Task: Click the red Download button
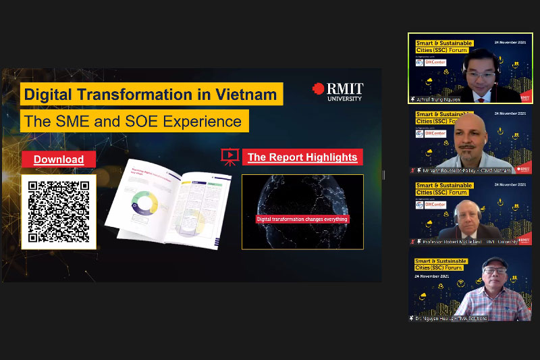[x=59, y=159]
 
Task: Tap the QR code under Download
[x=59, y=211]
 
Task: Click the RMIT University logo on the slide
[x=337, y=92]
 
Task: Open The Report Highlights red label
[x=302, y=157]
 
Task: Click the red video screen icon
[x=230, y=157]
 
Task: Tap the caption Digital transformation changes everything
[x=302, y=220]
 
